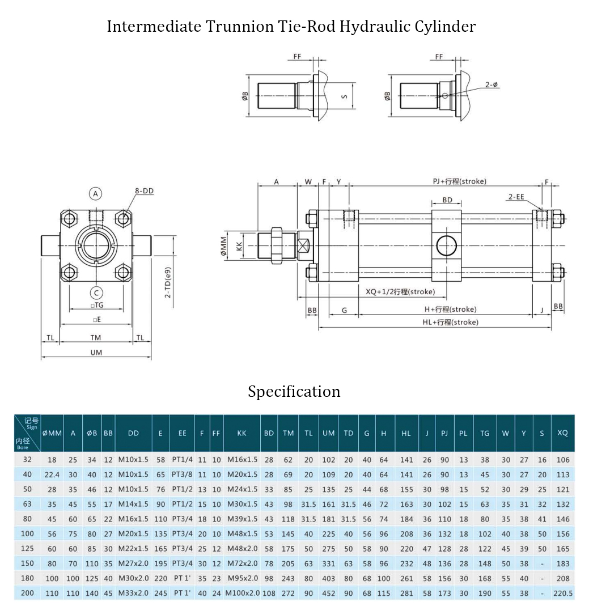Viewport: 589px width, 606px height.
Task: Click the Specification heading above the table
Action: tap(294, 392)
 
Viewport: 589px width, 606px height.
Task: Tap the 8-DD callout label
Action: tap(144, 191)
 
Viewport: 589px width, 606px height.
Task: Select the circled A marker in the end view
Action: tap(96, 193)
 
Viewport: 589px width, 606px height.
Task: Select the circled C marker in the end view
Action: tap(96, 293)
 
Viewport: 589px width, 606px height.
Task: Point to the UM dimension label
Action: tap(96, 352)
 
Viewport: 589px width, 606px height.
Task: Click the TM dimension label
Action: tap(96, 338)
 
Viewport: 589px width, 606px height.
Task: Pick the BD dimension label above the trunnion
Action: tap(447, 200)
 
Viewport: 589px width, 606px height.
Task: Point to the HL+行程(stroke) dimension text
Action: tap(450, 322)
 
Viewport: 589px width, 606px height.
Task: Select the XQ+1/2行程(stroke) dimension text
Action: tap(400, 291)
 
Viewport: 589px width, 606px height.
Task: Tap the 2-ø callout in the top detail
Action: tap(491, 84)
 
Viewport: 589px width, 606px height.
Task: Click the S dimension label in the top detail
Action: tap(344, 96)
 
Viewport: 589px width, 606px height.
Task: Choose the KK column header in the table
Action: tap(242, 433)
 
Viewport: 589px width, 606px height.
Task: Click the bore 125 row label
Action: tap(28, 548)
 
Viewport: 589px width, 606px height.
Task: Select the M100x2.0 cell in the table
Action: tap(242, 593)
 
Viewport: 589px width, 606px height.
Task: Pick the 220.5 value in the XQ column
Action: tap(562, 593)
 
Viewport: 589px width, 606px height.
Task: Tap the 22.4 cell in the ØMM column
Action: tap(52, 474)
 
